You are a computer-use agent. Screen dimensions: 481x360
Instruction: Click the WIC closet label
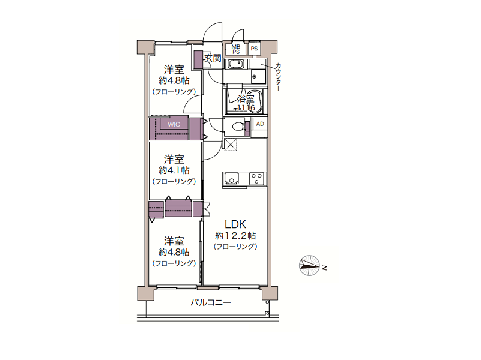coord(174,124)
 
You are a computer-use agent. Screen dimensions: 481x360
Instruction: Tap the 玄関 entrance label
coord(213,58)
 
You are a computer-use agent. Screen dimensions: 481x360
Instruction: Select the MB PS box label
coord(235,49)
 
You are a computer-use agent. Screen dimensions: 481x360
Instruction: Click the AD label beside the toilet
coord(260,124)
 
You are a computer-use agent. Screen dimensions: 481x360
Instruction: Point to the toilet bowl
coord(238,126)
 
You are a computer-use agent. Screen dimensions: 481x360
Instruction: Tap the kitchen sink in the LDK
coord(232,178)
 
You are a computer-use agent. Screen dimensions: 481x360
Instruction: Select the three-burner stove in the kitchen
coord(256,179)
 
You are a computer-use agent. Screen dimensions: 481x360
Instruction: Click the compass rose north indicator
coord(309,265)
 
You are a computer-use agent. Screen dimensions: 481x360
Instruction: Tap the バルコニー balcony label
coord(210,303)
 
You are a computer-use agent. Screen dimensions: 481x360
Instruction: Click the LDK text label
coord(235,224)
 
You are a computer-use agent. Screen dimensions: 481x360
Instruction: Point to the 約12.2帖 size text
coord(235,236)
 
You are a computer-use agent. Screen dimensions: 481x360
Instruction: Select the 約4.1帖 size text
coord(174,170)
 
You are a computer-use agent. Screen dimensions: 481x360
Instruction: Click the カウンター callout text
coord(278,77)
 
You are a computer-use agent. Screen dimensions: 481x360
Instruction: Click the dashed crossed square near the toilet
coord(231,145)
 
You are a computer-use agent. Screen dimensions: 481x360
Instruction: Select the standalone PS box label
coord(254,49)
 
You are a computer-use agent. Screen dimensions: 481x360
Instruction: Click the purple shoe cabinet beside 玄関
coord(198,59)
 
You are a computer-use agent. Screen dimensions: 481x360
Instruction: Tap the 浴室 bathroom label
coord(246,98)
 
